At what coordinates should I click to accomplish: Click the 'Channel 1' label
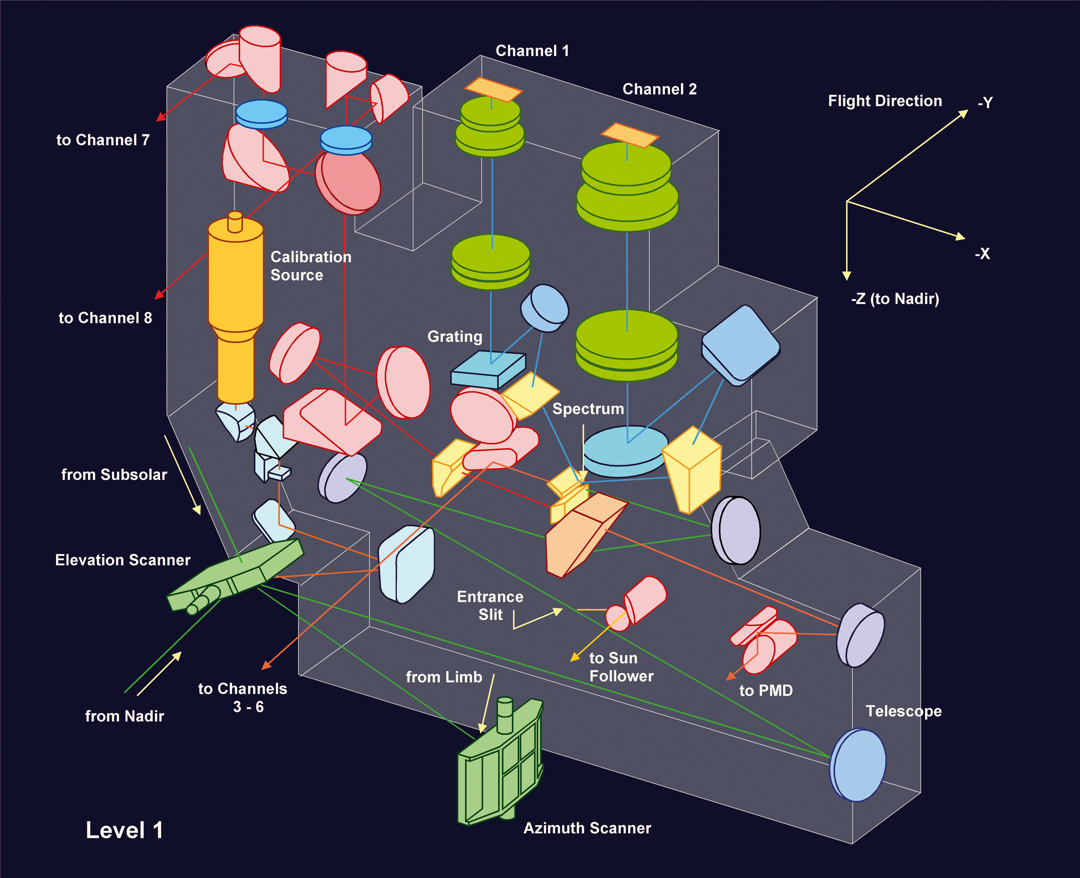[x=532, y=51]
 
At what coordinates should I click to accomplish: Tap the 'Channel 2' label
[x=659, y=90]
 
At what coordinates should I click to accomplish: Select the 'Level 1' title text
[x=125, y=830]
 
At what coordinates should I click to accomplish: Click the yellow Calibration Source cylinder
[x=235, y=283]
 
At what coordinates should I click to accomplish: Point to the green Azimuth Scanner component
[x=501, y=764]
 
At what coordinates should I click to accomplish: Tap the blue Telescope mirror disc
[x=858, y=765]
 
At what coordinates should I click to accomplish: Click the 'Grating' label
[x=454, y=337]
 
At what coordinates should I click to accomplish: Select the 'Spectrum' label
[x=588, y=409]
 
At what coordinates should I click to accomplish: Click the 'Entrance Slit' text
[x=490, y=605]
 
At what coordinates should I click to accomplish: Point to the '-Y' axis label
[x=985, y=103]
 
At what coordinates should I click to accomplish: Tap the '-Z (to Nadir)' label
[x=895, y=299]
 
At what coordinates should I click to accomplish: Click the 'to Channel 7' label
[x=103, y=140]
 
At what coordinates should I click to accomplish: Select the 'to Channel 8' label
[x=105, y=318]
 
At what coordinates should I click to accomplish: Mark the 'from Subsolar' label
[x=114, y=475]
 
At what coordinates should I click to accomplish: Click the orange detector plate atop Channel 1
[x=493, y=90]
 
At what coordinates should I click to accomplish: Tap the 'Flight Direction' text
[x=885, y=101]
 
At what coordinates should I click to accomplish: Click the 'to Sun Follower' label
[x=621, y=667]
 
